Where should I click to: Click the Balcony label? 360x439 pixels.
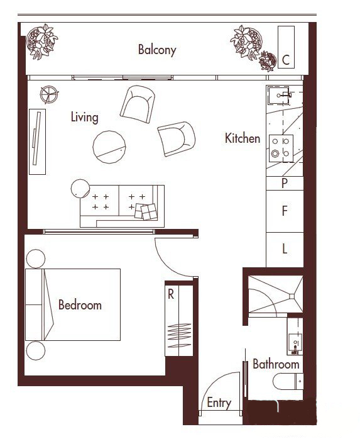coord(157,50)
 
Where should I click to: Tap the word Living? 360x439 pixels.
coord(84,117)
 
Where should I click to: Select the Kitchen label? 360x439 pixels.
coord(243,138)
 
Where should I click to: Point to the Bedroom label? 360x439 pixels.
coord(80,305)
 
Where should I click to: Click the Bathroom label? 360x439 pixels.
coord(276,364)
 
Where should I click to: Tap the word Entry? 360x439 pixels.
coord(219,403)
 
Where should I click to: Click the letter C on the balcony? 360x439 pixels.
coord(286,60)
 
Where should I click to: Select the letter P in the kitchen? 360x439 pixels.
coord(285,184)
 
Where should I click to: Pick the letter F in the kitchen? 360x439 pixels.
coord(285,211)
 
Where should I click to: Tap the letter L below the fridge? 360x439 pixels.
coord(285,248)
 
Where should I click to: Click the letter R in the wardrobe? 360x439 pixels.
coord(171,294)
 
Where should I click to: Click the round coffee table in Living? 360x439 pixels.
coord(109,147)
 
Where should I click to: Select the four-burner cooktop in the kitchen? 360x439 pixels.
coord(281,148)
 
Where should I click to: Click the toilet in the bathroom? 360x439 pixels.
coord(288,381)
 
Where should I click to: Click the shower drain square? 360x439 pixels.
coord(292,296)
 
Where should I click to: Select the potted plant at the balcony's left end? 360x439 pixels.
coord(41,42)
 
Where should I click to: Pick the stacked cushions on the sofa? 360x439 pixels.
coord(146,211)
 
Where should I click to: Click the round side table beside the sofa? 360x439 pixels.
coord(80,189)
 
